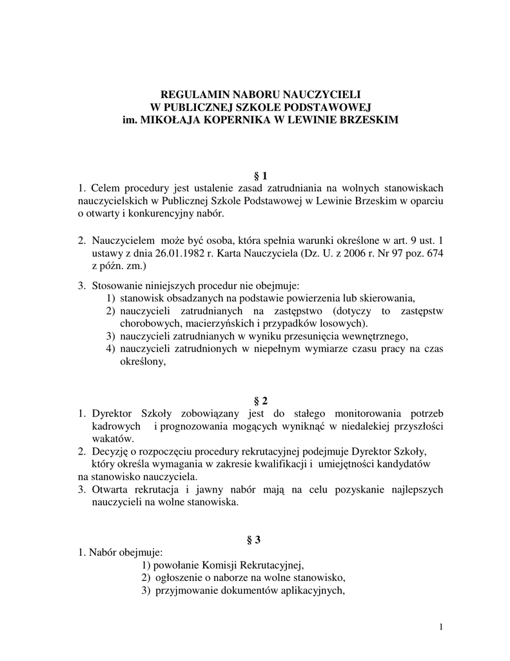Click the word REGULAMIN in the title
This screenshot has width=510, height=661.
click(191, 94)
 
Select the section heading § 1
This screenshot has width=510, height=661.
click(255, 176)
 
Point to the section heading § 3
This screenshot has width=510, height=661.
click(255, 540)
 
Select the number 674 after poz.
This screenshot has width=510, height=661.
click(435, 252)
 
